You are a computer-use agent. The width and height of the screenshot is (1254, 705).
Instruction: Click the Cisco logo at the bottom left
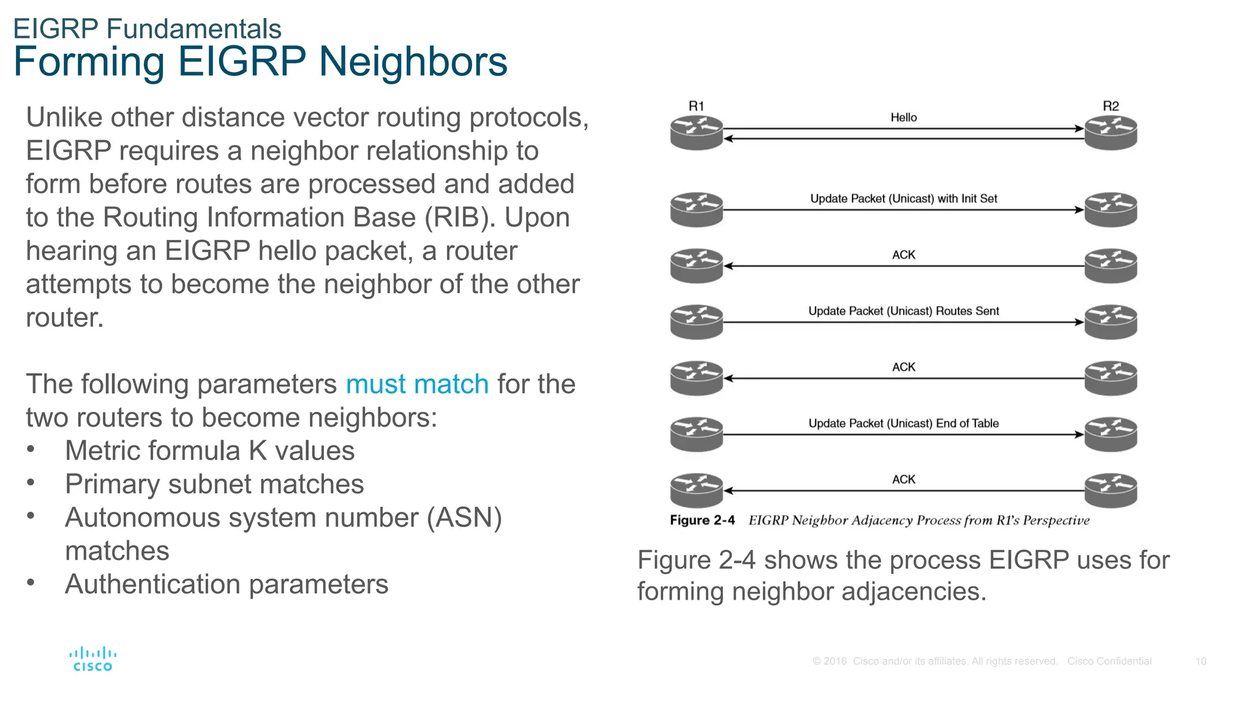coord(92,659)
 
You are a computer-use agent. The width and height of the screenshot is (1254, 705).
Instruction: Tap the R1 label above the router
coord(696,106)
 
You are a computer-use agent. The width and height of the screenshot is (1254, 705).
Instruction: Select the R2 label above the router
coord(1111,106)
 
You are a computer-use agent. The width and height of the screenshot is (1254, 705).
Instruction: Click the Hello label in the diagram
coord(903,117)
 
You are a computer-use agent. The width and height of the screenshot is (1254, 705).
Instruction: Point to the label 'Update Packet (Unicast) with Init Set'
coord(903,198)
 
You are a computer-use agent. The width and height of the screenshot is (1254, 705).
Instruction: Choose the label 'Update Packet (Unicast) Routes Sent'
coord(903,311)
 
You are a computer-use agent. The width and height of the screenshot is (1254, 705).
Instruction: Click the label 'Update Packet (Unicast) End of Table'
coord(903,423)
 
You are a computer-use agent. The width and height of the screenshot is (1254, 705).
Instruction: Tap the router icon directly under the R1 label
coord(697,133)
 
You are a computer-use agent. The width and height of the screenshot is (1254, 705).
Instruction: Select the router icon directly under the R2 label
coord(1111,133)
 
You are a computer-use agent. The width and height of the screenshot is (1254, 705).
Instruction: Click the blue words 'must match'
coord(417,384)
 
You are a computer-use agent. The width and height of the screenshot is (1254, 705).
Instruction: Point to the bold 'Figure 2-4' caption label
coord(702,520)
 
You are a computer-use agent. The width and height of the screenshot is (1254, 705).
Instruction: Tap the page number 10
coord(1200,662)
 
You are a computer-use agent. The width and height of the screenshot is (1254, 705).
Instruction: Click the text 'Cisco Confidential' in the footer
coord(1109,662)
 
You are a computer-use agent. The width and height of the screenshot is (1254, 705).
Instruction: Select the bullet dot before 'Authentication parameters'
coord(31,583)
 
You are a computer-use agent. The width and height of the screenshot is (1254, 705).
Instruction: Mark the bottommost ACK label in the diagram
coord(903,479)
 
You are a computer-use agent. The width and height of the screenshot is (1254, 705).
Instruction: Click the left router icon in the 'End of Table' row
coord(697,434)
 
